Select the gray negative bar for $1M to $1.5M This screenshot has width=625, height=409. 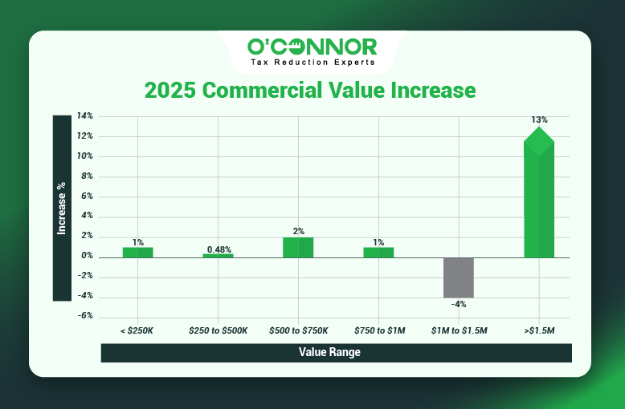(459, 277)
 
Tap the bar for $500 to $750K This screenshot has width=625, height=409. (298, 247)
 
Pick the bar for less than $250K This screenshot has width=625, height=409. (138, 252)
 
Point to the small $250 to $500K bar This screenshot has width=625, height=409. (218, 255)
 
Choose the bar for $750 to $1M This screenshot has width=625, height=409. (378, 252)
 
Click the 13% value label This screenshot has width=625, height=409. (539, 119)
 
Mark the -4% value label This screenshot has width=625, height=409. (459, 305)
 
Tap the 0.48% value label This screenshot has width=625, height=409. (219, 249)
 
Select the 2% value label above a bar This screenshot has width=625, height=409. (299, 232)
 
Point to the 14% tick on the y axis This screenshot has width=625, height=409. (85, 116)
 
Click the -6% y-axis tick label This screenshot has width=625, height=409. (85, 316)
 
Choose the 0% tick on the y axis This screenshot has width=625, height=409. (87, 257)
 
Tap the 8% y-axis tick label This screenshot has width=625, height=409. (87, 176)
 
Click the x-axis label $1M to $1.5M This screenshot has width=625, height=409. (459, 330)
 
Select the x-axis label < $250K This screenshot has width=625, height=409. (138, 330)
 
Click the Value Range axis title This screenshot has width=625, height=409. (329, 352)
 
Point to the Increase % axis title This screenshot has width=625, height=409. (62, 208)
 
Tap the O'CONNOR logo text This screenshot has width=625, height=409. (312, 47)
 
